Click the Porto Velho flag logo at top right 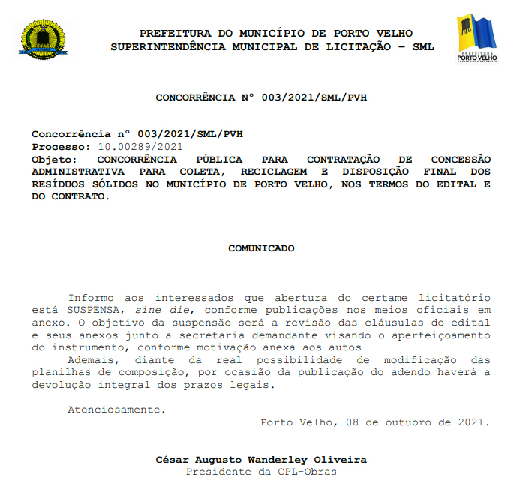click(476, 38)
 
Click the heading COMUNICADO click(261, 247)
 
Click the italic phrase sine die click(159, 309)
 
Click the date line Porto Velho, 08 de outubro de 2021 click(375, 422)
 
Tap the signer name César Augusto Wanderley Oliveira click(261, 460)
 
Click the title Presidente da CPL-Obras click(261, 472)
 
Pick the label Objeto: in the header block click(54, 160)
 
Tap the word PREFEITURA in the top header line click(170, 34)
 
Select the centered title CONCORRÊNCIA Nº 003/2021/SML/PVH click(261, 97)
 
